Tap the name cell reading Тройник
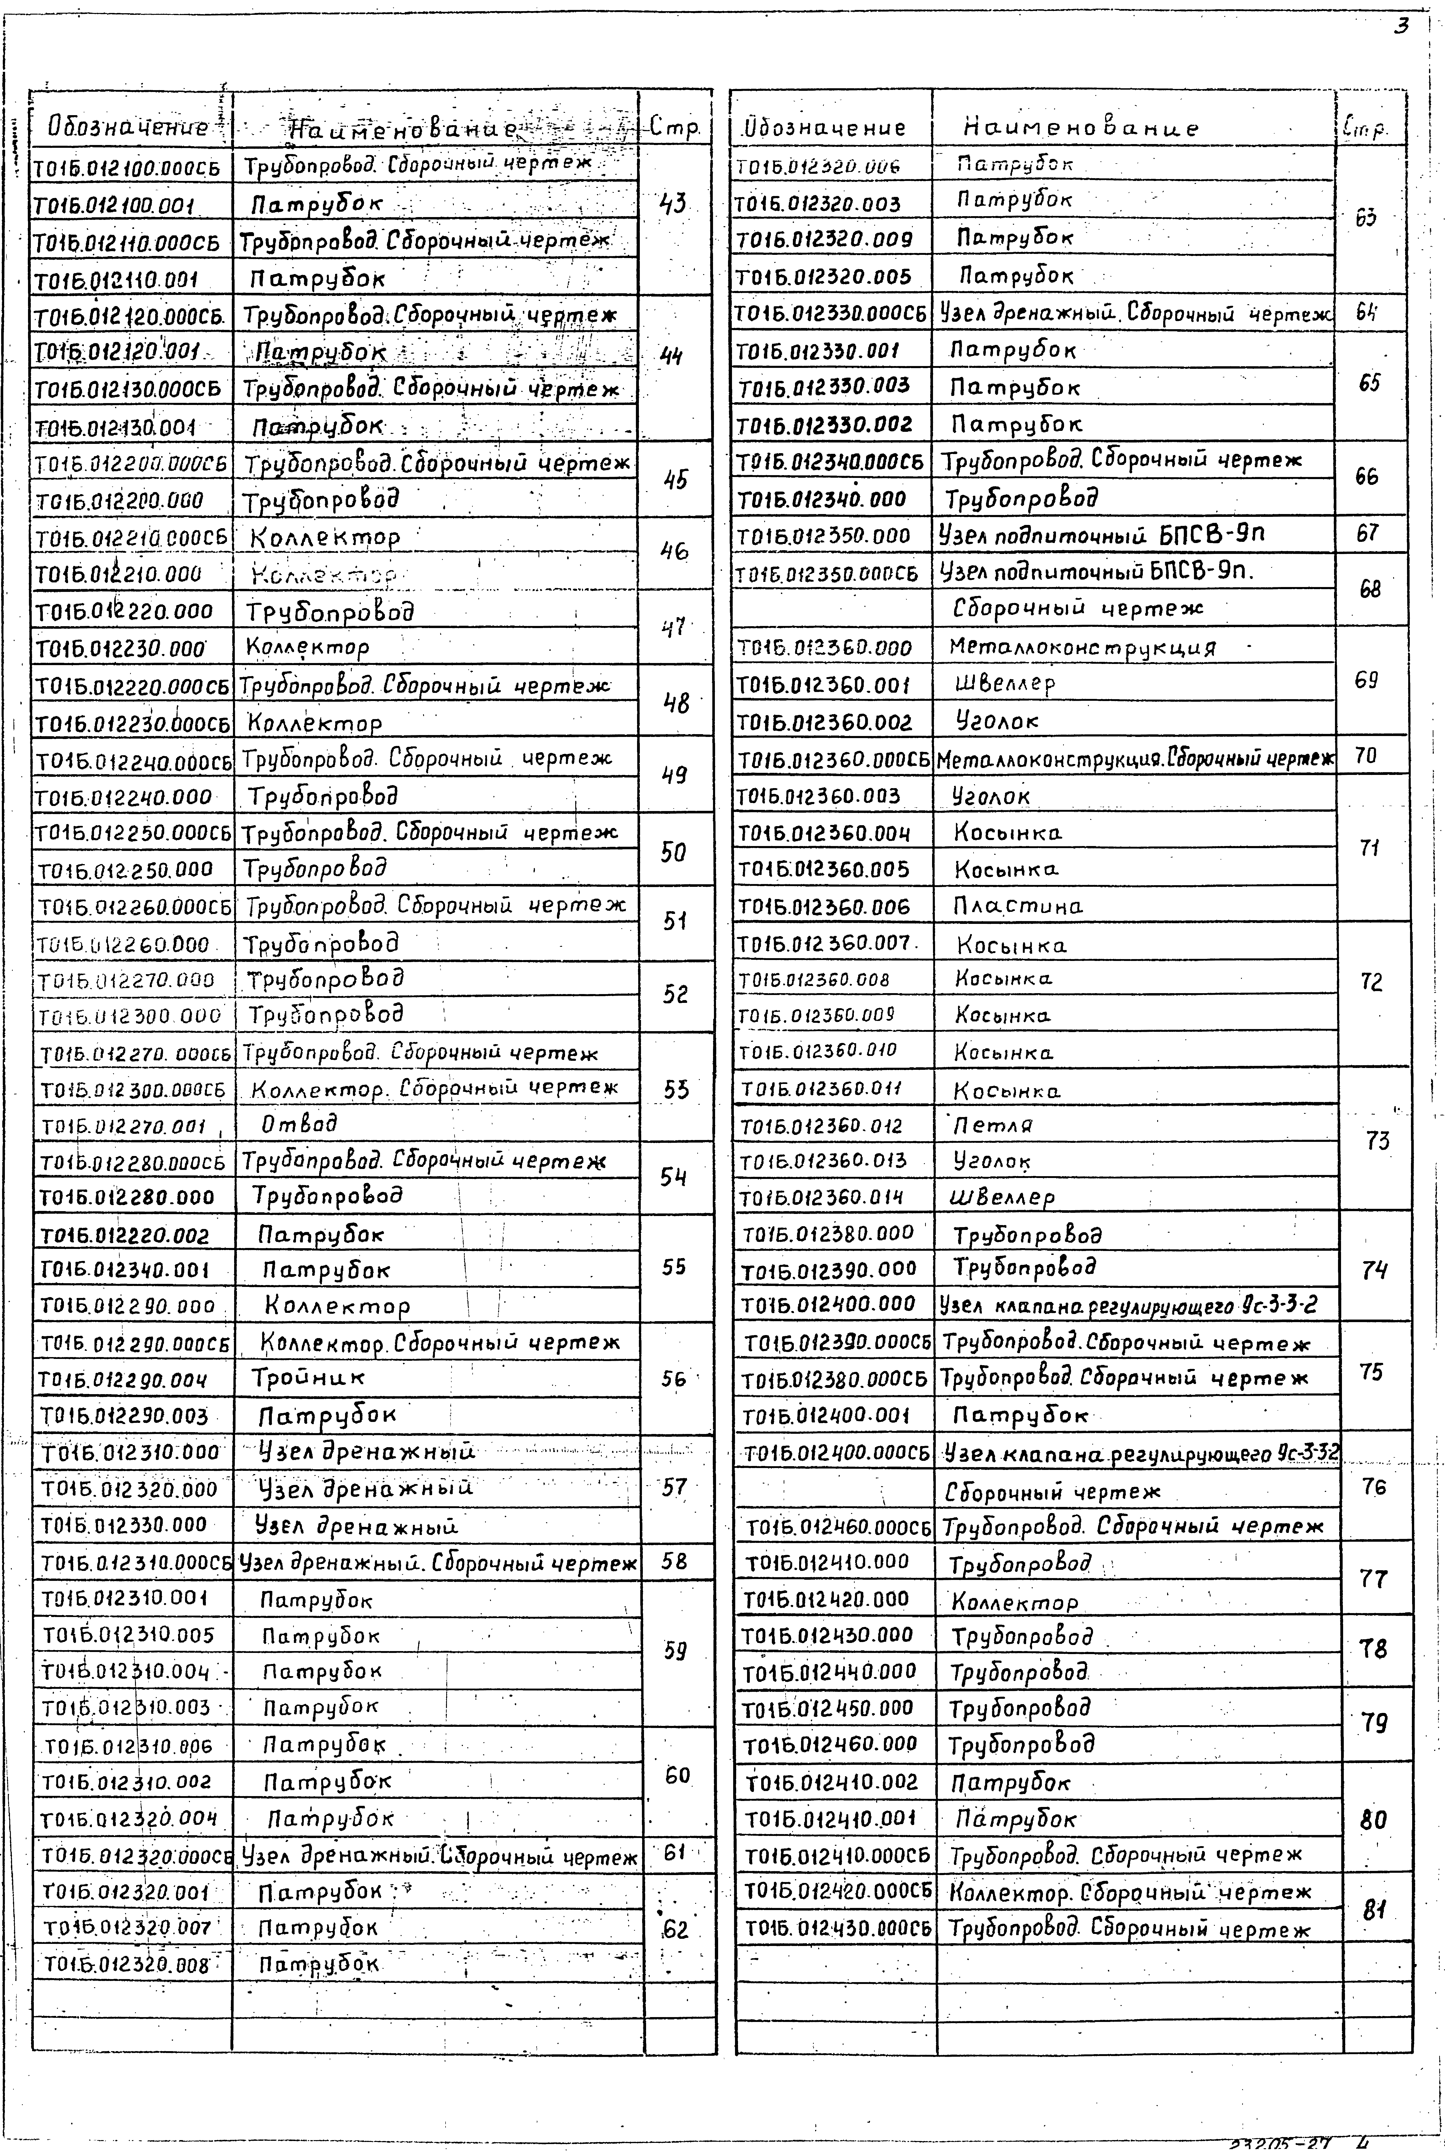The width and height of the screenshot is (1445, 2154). pos(309,1378)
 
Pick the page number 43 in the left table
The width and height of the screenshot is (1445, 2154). pos(674,203)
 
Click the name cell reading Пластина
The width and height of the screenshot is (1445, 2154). pos(1017,906)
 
